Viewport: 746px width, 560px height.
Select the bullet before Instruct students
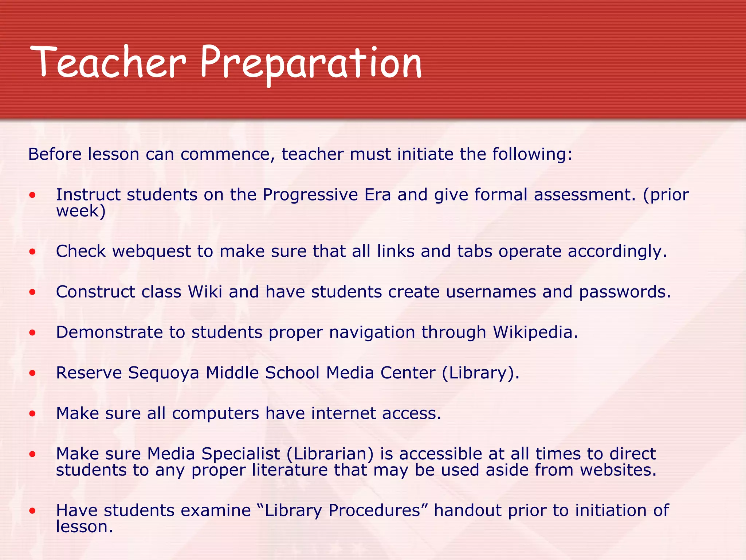[x=33, y=195]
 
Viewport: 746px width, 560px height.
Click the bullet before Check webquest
[x=33, y=252]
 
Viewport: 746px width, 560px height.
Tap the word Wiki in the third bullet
[x=205, y=292]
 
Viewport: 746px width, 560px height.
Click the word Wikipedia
[x=535, y=332]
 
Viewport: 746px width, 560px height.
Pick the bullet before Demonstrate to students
[x=33, y=332]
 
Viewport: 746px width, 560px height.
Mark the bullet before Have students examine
[x=33, y=511]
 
